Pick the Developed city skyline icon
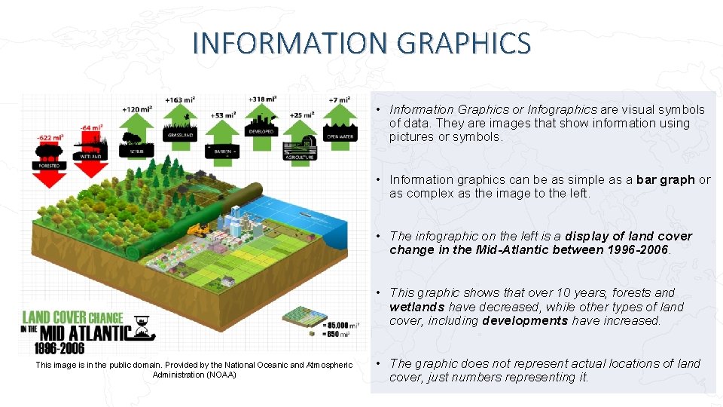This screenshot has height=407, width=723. tap(261, 121)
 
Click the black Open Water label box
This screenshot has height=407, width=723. tap(340, 136)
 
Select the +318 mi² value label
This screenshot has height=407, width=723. tap(261, 99)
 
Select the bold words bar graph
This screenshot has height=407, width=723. tap(665, 179)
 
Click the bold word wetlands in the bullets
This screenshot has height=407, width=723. tap(416, 307)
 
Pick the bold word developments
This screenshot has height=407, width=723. tap(525, 320)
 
